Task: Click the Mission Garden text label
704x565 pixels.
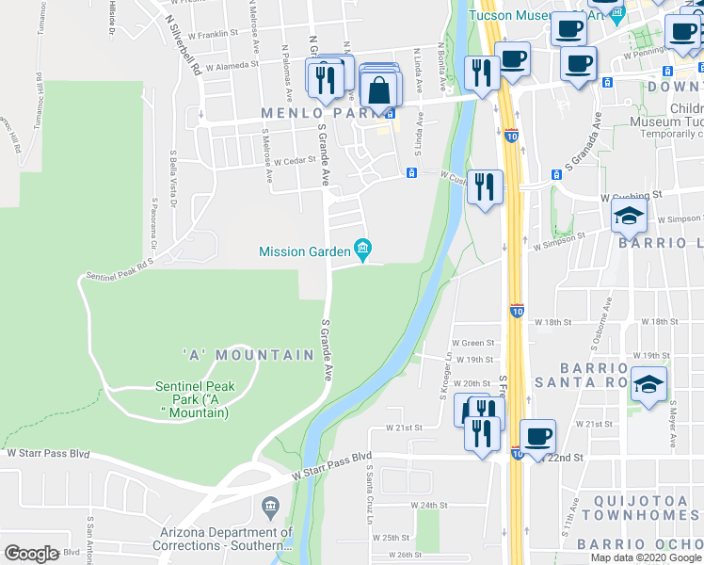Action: [304, 251]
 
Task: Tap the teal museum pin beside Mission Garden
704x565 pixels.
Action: [362, 250]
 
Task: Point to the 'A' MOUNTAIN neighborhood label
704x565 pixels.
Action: [248, 355]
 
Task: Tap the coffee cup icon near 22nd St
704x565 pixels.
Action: [537, 436]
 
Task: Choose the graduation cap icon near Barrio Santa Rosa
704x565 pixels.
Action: [648, 384]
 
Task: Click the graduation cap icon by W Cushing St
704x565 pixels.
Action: [629, 216]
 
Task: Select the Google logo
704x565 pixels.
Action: [32, 554]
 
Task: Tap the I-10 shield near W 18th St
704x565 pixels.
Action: [517, 310]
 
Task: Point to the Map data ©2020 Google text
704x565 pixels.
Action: [646, 557]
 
